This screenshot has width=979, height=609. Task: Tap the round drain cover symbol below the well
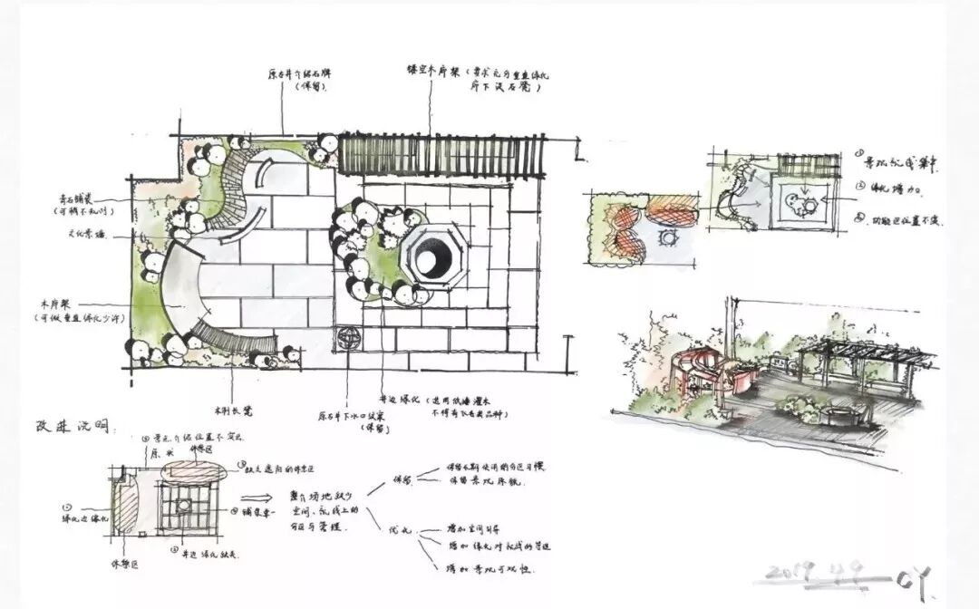(x=349, y=339)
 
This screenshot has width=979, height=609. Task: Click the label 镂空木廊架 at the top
(x=432, y=70)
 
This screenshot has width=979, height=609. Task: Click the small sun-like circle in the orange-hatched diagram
(x=671, y=237)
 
